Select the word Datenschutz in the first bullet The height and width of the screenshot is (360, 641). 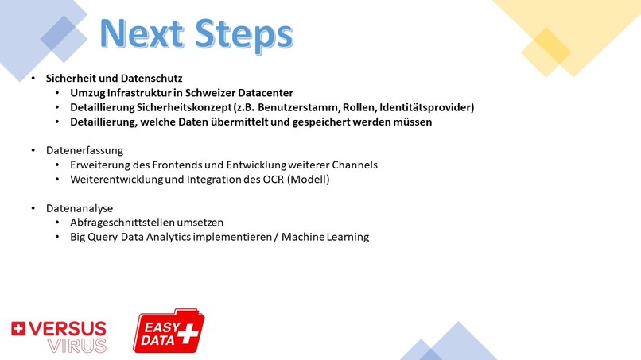click(x=154, y=79)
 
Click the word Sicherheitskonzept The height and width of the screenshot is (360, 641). click(x=185, y=107)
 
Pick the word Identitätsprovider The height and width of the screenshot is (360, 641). click(x=426, y=107)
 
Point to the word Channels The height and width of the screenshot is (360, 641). click(x=352, y=165)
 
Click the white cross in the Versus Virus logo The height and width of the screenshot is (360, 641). click(x=19, y=327)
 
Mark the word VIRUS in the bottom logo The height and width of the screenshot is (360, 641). click(x=77, y=346)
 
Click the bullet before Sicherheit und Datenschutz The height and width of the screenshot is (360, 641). click(x=33, y=79)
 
